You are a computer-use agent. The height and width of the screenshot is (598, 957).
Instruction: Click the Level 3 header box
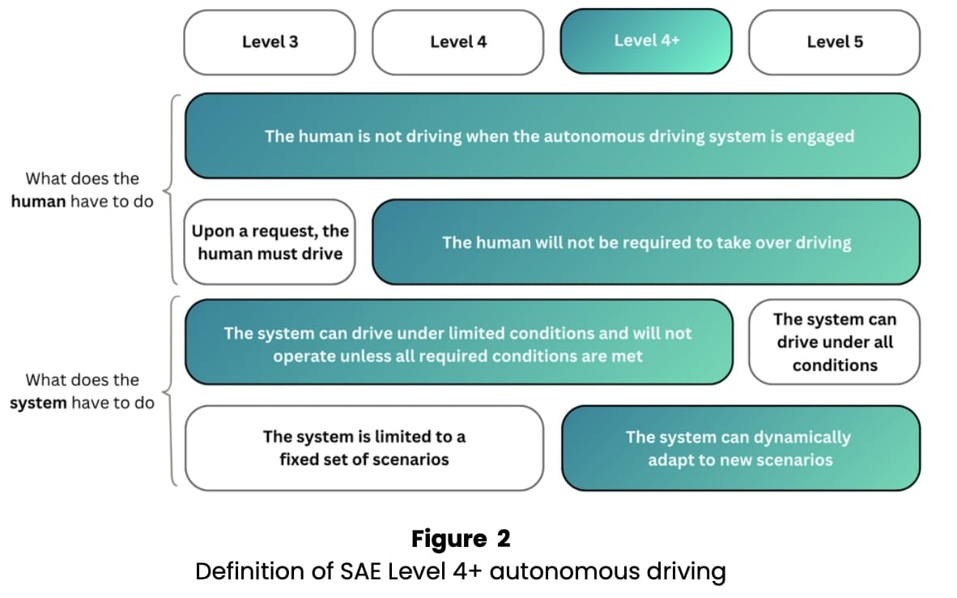(270, 42)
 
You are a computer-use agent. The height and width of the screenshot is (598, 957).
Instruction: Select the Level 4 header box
(458, 42)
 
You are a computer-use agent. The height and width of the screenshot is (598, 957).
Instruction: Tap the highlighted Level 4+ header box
(646, 41)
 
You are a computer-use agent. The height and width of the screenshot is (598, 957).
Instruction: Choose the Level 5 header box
(834, 42)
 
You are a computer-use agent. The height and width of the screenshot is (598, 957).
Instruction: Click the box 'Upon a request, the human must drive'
(270, 242)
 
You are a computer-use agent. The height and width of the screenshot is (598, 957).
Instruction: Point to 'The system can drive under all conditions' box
(834, 342)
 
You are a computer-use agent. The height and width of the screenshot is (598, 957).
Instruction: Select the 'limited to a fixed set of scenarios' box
(364, 448)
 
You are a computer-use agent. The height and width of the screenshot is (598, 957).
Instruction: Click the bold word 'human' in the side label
(38, 202)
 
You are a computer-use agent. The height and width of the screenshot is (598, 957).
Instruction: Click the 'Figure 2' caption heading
(461, 539)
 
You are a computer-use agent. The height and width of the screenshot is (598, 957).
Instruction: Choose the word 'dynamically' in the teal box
(802, 438)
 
